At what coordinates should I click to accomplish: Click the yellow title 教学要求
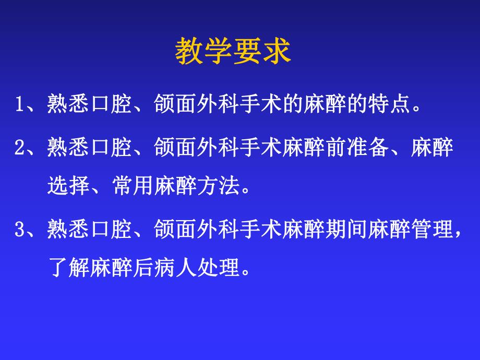pos(233,51)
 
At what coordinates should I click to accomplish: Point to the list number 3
pos(19,230)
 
